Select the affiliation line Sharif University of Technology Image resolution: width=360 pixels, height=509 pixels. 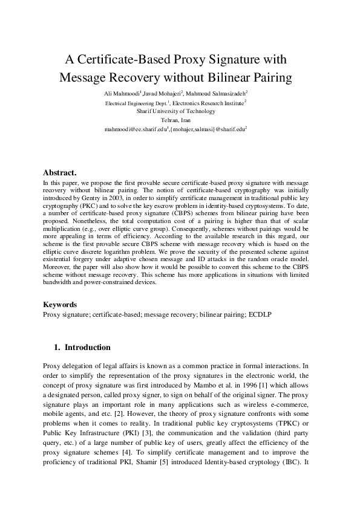176,111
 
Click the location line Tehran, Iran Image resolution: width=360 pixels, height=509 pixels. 176,120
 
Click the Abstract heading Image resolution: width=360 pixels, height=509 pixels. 59,172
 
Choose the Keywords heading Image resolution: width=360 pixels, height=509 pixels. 60,305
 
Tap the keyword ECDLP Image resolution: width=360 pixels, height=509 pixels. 261,315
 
